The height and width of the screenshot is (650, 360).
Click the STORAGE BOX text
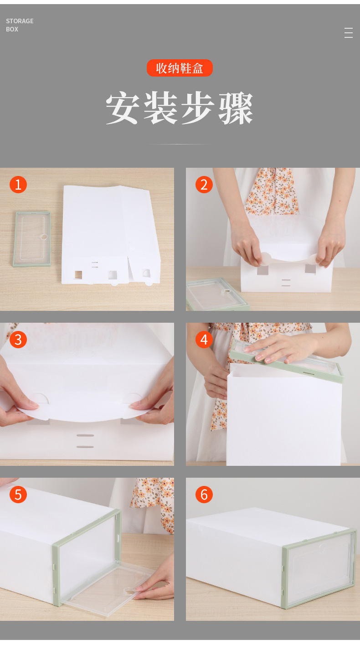tap(20, 25)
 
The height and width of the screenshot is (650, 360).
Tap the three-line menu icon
tap(349, 33)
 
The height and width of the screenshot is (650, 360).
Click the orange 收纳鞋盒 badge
tap(180, 68)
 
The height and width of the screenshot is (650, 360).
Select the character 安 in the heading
tap(122, 108)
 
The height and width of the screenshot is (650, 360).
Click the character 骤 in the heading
tap(236, 108)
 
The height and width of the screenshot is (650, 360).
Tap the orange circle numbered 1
tap(18, 185)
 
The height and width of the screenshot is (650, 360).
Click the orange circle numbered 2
tap(204, 185)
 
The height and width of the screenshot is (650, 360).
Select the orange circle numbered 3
tap(18, 340)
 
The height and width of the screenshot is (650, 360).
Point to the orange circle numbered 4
tap(204, 340)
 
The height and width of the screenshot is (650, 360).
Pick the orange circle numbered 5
tap(18, 495)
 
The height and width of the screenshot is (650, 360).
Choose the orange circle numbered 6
tap(204, 495)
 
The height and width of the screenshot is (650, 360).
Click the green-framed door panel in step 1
tap(32, 239)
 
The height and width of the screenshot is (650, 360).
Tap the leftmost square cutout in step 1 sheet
tap(78, 274)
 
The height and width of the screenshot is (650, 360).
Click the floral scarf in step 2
tap(272, 192)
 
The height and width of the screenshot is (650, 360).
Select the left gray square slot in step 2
tap(263, 270)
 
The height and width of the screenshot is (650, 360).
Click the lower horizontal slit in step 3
tap(85, 447)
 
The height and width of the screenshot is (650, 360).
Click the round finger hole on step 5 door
tap(129, 590)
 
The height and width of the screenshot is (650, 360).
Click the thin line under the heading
tap(180, 144)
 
